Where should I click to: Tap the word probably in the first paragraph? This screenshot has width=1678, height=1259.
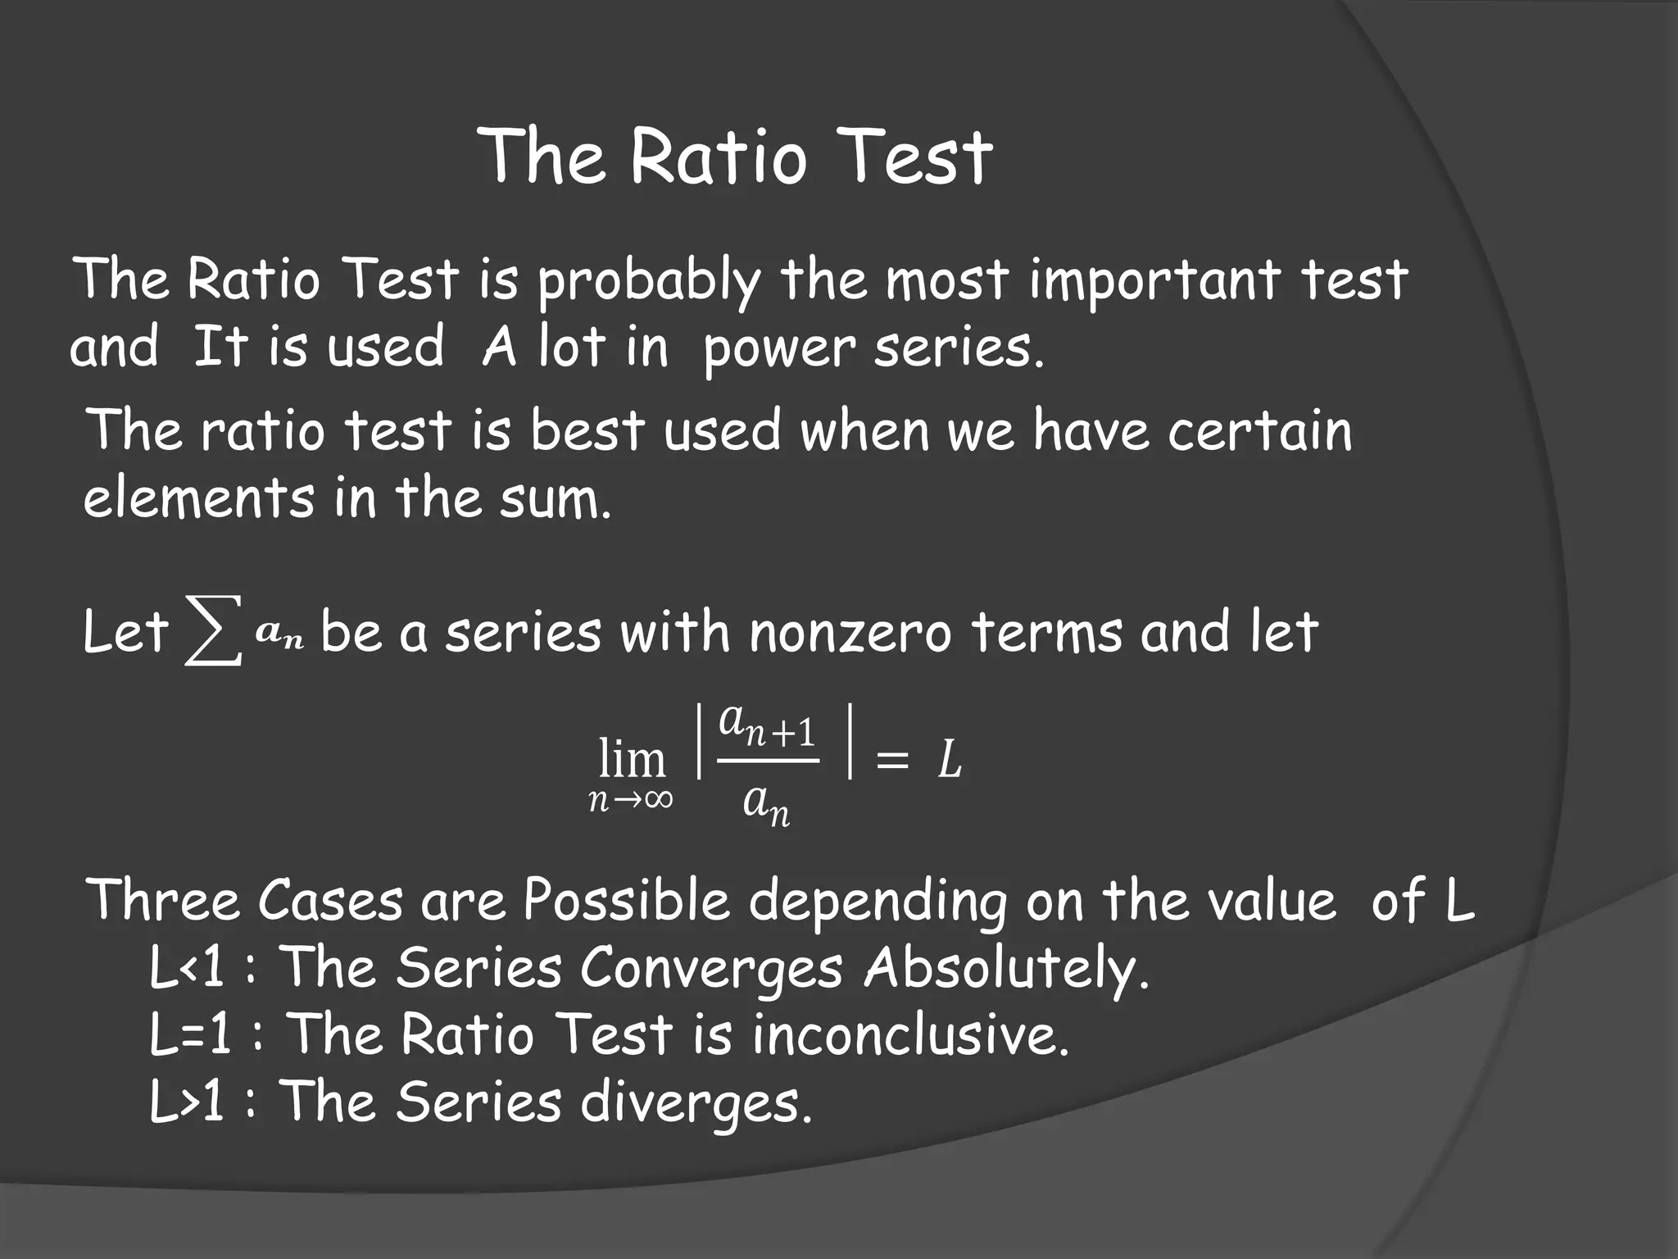(x=647, y=281)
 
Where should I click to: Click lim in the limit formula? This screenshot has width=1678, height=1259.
(x=632, y=759)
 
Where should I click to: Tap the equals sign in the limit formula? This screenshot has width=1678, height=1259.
(x=892, y=762)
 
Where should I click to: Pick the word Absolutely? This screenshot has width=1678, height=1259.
(x=1006, y=970)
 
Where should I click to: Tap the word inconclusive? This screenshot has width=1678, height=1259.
(x=910, y=1035)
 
